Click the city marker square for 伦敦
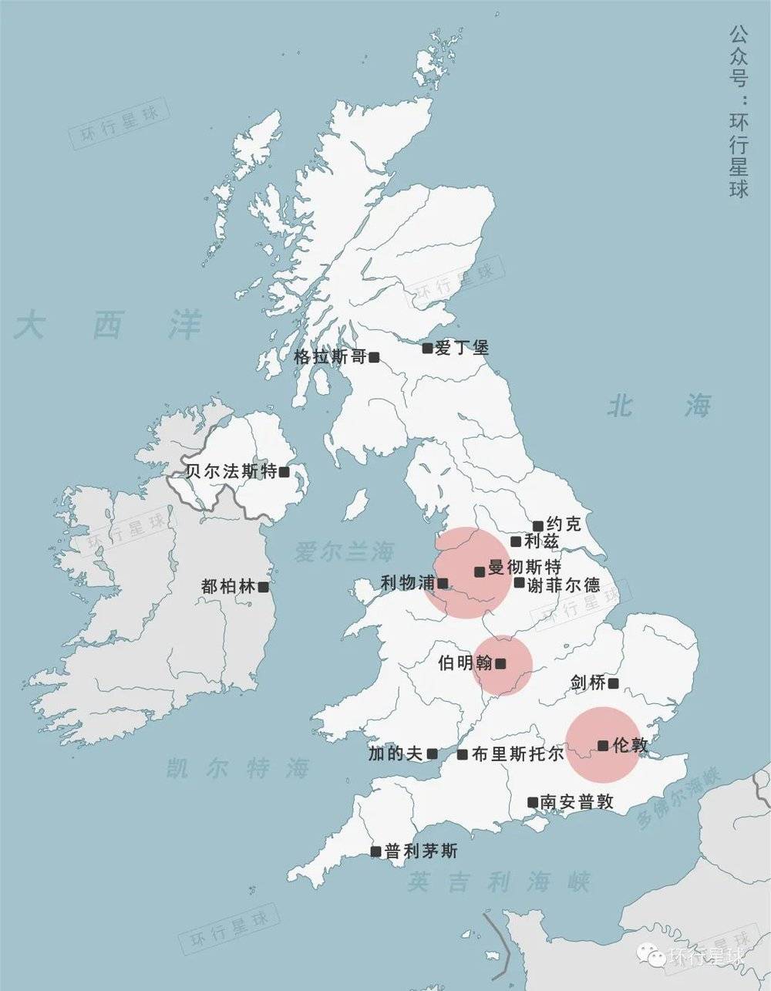click(x=603, y=745)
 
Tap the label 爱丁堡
click(x=462, y=348)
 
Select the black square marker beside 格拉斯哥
click(x=374, y=357)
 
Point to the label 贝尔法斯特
click(x=231, y=471)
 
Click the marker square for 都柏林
click(x=263, y=587)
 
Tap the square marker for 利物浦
click(x=443, y=583)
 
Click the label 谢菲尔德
click(x=564, y=584)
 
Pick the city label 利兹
click(x=541, y=541)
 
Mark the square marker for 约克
click(x=537, y=526)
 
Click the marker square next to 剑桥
click(x=613, y=683)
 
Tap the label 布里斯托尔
click(x=517, y=754)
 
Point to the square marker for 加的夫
click(x=433, y=753)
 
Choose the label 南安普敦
click(x=577, y=802)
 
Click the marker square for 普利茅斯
click(x=375, y=851)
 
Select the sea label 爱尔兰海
click(x=344, y=551)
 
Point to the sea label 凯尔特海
click(x=238, y=768)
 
